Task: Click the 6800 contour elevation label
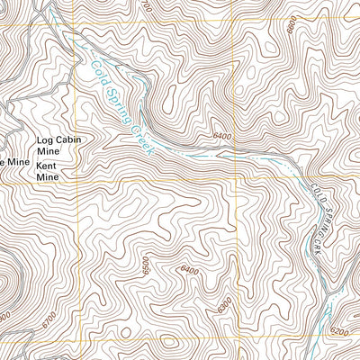click(291, 26)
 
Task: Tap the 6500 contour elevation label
click(144, 265)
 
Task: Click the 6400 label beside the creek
click(223, 136)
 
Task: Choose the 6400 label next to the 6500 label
click(189, 270)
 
